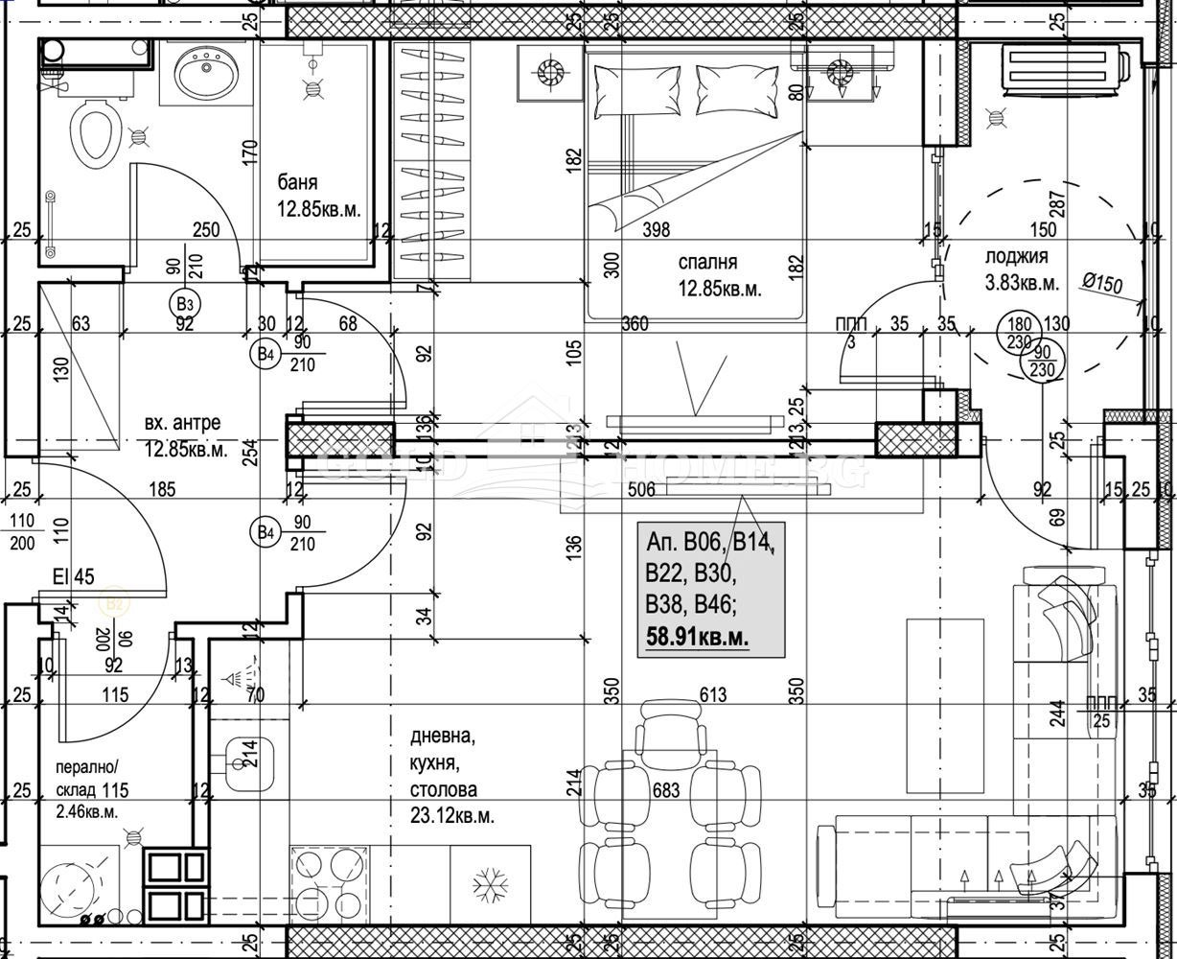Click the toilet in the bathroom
[x=95, y=132]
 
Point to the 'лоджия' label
[x=1016, y=256]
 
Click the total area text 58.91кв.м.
[x=698, y=636]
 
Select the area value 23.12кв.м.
[x=452, y=816]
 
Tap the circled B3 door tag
[x=185, y=304]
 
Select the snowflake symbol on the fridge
[x=491, y=883]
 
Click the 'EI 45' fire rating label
[x=74, y=576]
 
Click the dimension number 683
[x=664, y=791]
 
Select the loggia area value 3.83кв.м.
[x=1022, y=283]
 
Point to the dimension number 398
[x=656, y=230]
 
